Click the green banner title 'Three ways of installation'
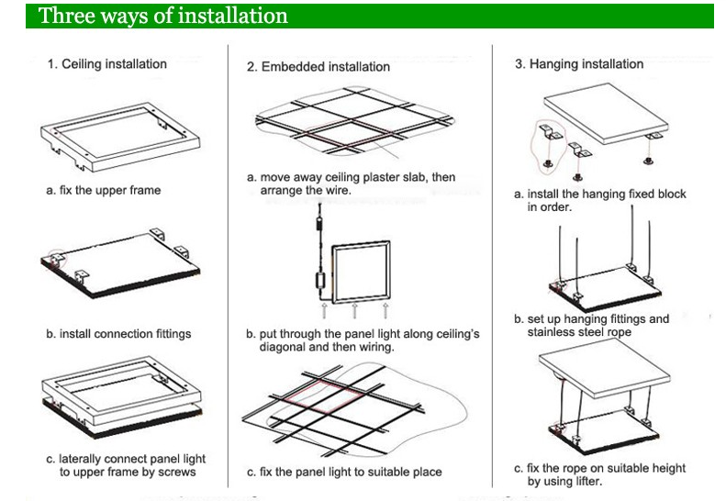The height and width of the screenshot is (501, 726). click(163, 16)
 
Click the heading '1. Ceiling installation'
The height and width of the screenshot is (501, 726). click(107, 64)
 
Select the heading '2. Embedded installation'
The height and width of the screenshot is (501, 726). click(318, 67)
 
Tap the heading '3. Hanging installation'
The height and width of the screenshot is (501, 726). click(578, 64)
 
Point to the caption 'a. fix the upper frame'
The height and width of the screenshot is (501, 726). click(105, 191)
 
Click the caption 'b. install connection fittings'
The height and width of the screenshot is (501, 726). click(119, 334)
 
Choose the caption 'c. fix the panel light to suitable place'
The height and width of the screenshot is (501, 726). click(344, 472)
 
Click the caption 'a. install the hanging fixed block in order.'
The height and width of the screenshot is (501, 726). click(599, 200)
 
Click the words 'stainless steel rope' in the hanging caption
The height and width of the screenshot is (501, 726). click(580, 331)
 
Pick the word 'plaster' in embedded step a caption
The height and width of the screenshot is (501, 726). click(392, 176)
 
